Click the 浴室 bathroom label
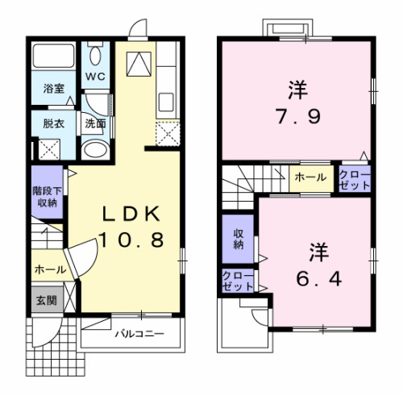tap(54, 89)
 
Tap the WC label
tap(95, 77)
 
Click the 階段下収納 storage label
tap(44, 198)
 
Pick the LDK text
tap(132, 214)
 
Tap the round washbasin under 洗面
tap(96, 150)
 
